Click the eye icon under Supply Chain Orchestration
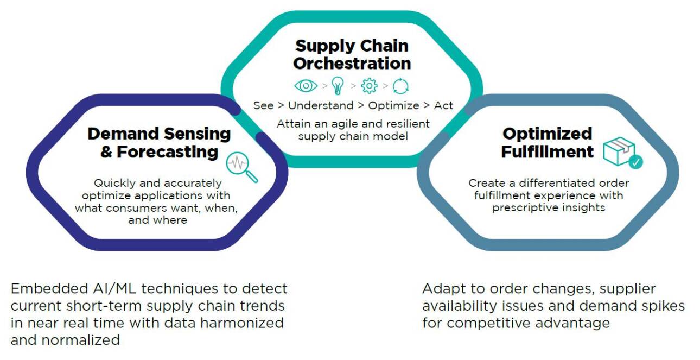(306, 86)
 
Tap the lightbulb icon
(337, 86)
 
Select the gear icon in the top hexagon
(369, 86)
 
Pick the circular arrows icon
(400, 86)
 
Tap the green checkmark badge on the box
(635, 161)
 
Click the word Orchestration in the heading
(352, 64)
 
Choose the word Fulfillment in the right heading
(547, 151)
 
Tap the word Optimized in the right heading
(547, 134)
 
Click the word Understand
(320, 105)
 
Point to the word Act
(443, 105)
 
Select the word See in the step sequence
(263, 105)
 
